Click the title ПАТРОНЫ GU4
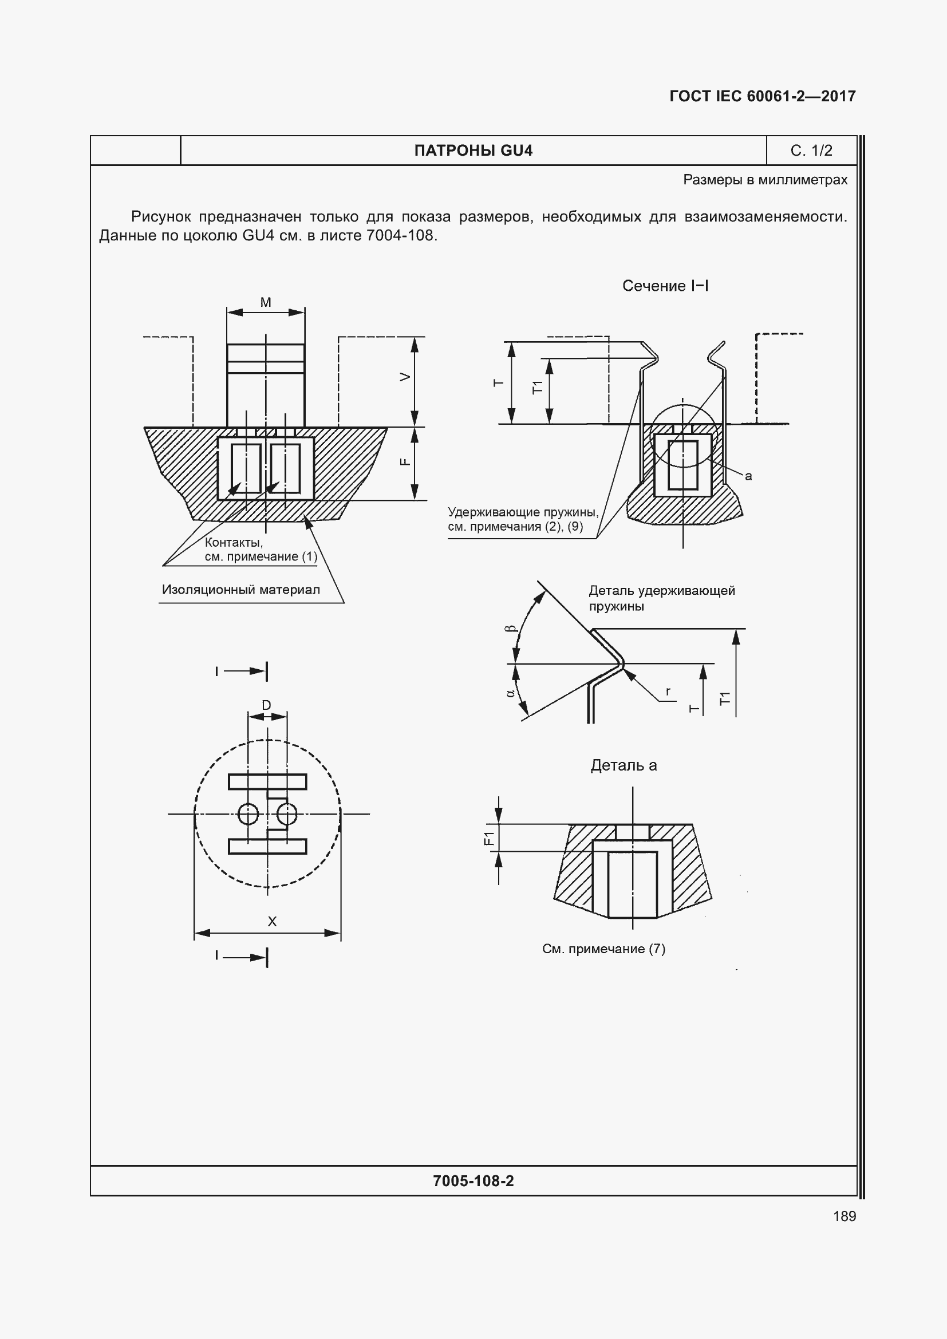point(473,151)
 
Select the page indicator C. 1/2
point(811,151)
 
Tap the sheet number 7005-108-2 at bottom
point(473,1181)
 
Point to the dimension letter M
point(265,302)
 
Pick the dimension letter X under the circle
point(272,922)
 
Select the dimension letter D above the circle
point(266,705)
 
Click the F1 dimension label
point(488,838)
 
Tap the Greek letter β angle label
point(511,629)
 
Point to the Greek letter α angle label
point(511,693)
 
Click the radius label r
point(668,691)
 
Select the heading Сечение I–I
point(665,286)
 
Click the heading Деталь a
point(624,765)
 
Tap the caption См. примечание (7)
point(603,949)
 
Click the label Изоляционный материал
point(241,590)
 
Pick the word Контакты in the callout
point(234,542)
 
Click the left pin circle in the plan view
point(248,813)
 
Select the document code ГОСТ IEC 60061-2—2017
point(762,96)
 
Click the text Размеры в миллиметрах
point(765,180)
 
